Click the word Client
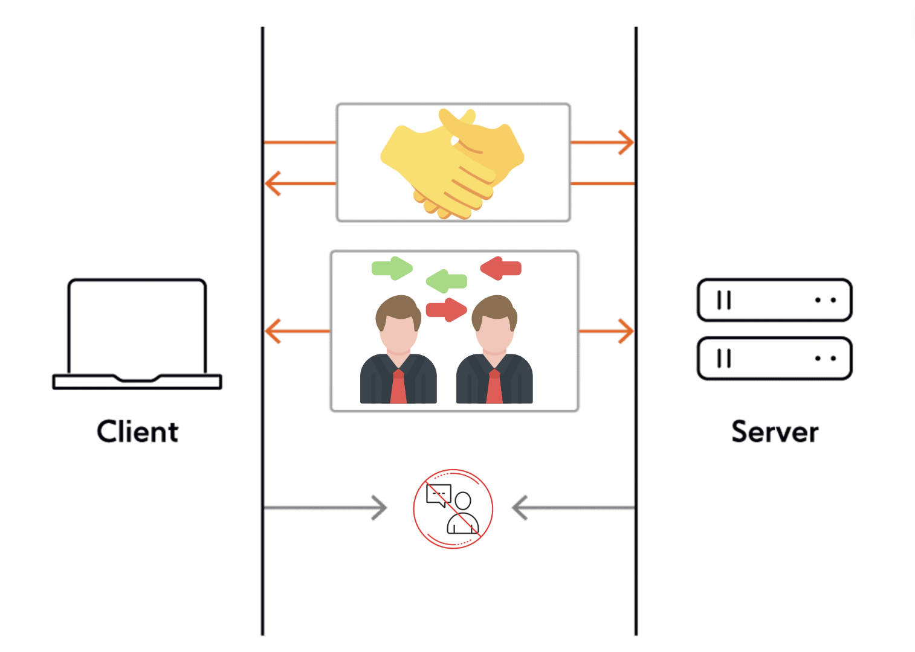(x=138, y=432)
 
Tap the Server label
(x=775, y=432)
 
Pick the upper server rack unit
(x=774, y=300)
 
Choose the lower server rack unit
(x=774, y=359)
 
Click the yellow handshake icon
(x=452, y=163)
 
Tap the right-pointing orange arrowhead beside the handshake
(x=627, y=143)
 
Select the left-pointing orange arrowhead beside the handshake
(x=272, y=183)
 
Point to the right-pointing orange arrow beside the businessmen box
(x=607, y=331)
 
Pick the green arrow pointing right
(x=392, y=268)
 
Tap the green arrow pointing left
(x=447, y=281)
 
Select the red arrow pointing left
(x=501, y=268)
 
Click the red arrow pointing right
(x=447, y=310)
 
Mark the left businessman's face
(x=398, y=332)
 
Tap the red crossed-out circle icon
(x=453, y=508)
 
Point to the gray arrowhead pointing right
(x=380, y=508)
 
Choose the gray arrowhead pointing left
(x=520, y=508)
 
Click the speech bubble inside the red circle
(x=438, y=495)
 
